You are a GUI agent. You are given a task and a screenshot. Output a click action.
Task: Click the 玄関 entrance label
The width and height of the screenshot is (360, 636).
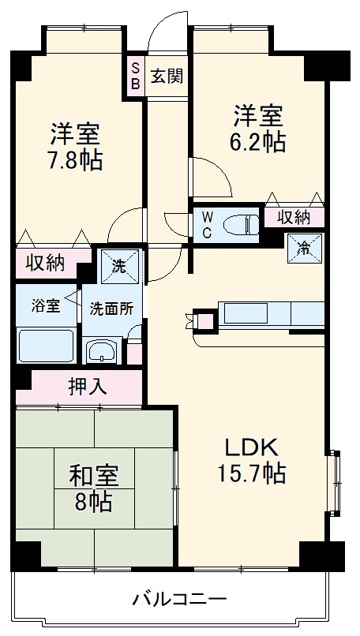(x=167, y=77)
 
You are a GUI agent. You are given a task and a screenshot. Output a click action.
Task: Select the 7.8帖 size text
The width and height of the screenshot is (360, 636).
(x=74, y=160)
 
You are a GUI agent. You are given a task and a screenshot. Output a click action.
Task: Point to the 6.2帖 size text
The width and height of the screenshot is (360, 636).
(x=258, y=143)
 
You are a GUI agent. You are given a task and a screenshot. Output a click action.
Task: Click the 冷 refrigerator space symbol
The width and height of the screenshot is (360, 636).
(x=305, y=245)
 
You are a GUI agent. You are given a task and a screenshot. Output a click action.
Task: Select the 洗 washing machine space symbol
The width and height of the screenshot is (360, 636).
(x=119, y=266)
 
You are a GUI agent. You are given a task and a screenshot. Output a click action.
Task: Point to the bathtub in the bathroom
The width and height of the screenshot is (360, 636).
(x=46, y=346)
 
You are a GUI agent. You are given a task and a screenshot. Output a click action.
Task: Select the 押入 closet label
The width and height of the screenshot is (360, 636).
(x=87, y=386)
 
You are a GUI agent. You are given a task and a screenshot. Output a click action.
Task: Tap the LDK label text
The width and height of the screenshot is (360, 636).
(x=253, y=447)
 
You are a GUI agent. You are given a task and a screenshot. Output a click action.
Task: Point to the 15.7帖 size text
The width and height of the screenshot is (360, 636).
(x=253, y=473)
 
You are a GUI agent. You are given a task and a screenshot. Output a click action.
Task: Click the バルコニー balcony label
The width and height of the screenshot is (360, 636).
(x=179, y=597)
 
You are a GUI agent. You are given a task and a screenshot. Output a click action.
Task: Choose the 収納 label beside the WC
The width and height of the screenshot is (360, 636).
(x=293, y=216)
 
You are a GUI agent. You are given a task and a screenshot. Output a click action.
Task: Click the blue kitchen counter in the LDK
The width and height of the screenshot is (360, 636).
(x=268, y=314)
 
